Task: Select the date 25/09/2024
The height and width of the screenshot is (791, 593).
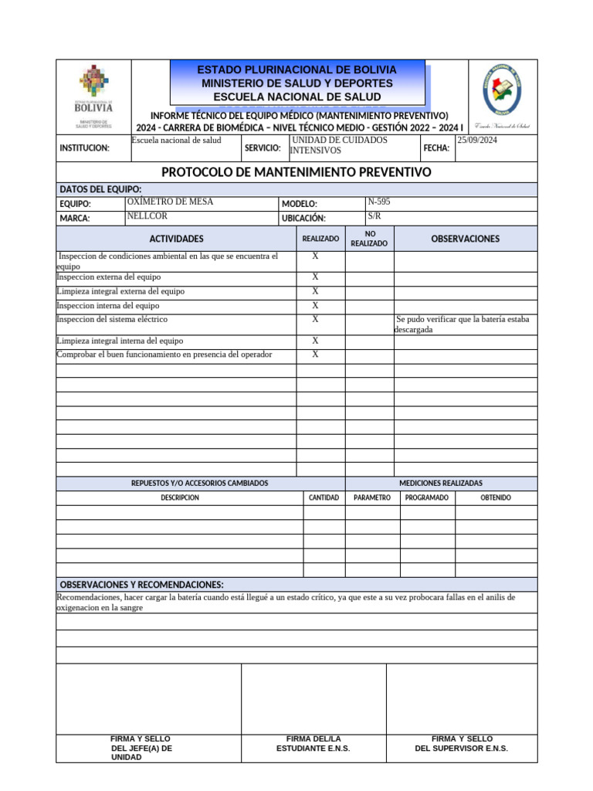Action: click(x=477, y=140)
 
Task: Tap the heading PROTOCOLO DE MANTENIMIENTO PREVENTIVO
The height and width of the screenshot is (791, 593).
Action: click(x=296, y=172)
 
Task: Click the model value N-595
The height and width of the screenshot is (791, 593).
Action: click(x=379, y=202)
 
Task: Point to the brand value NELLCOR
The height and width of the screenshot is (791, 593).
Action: click(x=147, y=216)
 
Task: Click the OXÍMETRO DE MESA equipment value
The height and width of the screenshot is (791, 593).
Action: click(x=170, y=202)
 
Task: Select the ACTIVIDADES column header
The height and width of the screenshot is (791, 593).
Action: click(x=177, y=239)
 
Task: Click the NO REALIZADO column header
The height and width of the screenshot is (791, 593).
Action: click(x=369, y=238)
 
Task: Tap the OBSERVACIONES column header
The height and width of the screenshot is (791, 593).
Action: click(x=465, y=239)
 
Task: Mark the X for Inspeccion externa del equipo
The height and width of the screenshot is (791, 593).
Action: click(x=315, y=277)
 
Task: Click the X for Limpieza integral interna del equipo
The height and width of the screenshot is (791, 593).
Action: click(x=315, y=341)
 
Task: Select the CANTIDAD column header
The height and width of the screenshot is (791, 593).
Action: click(x=324, y=497)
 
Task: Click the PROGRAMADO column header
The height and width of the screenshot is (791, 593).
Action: click(x=426, y=497)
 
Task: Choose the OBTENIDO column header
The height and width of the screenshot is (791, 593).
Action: click(x=495, y=497)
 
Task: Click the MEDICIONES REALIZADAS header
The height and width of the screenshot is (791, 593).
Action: click(x=440, y=483)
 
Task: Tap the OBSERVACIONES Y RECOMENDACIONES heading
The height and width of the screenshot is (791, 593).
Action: click(x=142, y=585)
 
